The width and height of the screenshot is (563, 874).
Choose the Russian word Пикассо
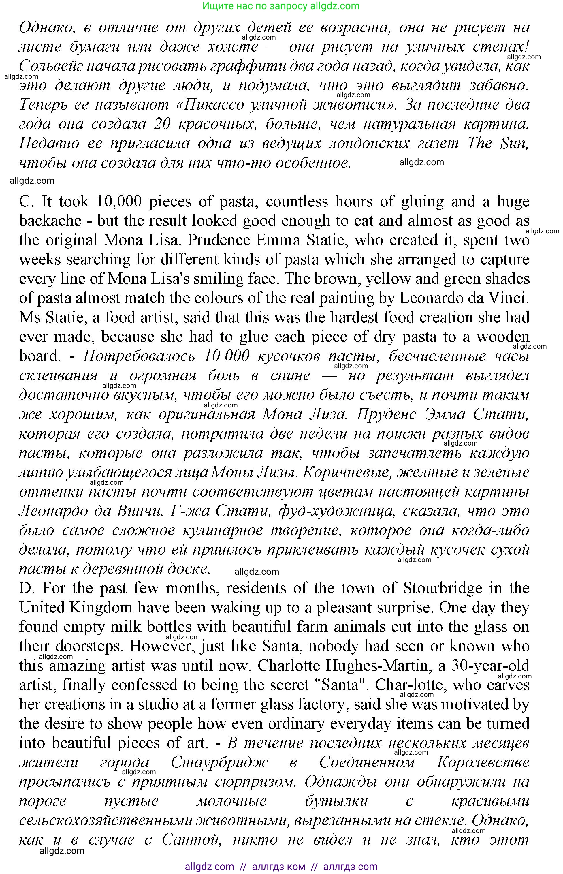214,105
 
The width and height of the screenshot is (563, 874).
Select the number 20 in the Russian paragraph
162,124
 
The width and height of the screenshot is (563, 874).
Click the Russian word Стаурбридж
219,762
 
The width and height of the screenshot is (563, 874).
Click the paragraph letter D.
26,588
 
